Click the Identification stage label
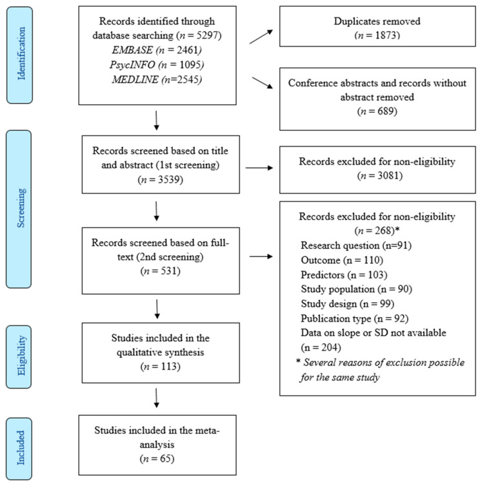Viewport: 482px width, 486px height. click(21, 54)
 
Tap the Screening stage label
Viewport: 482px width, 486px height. click(21, 208)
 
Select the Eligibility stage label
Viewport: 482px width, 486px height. click(21, 356)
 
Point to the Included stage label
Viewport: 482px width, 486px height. click(21, 447)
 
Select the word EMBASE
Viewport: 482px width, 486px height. click(132, 50)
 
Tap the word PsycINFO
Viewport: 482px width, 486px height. click(132, 65)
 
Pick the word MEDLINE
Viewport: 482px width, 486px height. click(136, 80)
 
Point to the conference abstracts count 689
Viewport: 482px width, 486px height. click(385, 112)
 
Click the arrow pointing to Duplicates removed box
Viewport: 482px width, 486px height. click(261, 37)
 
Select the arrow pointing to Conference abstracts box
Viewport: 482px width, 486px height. click(262, 83)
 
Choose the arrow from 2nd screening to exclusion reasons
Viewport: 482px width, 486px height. click(261, 257)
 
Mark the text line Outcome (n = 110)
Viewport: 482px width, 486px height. click(342, 260)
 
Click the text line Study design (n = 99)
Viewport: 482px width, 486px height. click(348, 304)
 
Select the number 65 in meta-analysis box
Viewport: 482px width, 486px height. click(166, 458)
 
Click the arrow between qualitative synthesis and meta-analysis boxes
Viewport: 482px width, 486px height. click(156, 398)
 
